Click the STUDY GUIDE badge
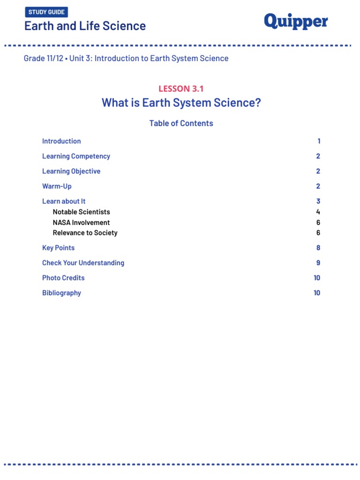[46, 12]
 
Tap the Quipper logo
[296, 22]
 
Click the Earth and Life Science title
[85, 26]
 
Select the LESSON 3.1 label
[181, 89]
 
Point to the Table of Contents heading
[181, 123]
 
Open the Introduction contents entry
[61, 141]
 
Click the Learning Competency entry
[76, 156]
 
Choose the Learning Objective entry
[71, 171]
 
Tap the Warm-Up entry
[57, 186]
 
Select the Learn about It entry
[64, 201]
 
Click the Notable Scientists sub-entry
[82, 212]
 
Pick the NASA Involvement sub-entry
[82, 223]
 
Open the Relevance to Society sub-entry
[85, 233]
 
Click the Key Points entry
[58, 248]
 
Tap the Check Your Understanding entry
[83, 263]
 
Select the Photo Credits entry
[63, 278]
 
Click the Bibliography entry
[61, 293]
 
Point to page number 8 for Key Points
[318, 248]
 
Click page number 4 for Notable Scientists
[318, 212]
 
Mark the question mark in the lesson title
[257, 103]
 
